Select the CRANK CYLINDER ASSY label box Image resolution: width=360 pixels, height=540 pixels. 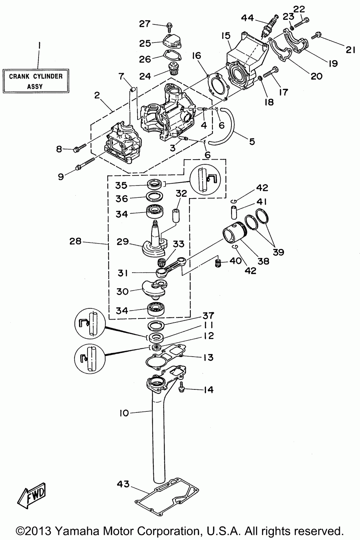[x=36, y=81]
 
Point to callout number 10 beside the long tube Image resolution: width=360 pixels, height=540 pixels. [x=124, y=413]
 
